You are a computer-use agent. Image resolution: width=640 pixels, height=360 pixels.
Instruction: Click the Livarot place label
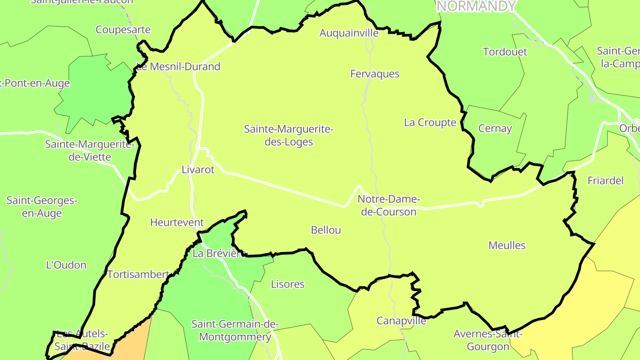(198, 170)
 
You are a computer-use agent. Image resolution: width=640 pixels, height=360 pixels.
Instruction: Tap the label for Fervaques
(375, 74)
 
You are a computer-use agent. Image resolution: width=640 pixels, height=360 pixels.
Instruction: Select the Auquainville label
(349, 33)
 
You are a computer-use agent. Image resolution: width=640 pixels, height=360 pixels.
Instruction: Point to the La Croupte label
(430, 123)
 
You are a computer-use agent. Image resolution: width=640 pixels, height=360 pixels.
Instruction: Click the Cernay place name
(495, 129)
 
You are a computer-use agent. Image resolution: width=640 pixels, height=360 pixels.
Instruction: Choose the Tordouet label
(505, 52)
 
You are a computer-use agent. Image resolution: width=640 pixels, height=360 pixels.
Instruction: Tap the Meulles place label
(507, 245)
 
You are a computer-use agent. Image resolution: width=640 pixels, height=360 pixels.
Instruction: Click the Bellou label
(326, 230)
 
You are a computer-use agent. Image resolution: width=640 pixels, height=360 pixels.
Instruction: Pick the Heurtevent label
(177, 223)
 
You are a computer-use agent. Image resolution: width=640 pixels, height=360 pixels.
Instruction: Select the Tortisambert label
(138, 275)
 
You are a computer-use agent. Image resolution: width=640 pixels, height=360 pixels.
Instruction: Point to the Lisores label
(288, 284)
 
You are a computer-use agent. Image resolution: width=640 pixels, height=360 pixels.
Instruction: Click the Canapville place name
(401, 321)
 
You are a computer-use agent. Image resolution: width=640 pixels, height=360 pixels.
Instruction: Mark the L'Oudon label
(66, 265)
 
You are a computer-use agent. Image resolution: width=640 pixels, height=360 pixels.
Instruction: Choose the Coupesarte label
(123, 30)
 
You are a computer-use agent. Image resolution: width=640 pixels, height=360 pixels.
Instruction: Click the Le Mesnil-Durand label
(178, 67)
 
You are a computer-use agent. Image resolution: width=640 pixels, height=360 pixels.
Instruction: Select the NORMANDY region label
(476, 6)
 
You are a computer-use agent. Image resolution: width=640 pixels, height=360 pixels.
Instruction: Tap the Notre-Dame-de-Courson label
(388, 205)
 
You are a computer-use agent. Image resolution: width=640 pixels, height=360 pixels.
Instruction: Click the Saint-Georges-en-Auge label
(42, 207)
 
